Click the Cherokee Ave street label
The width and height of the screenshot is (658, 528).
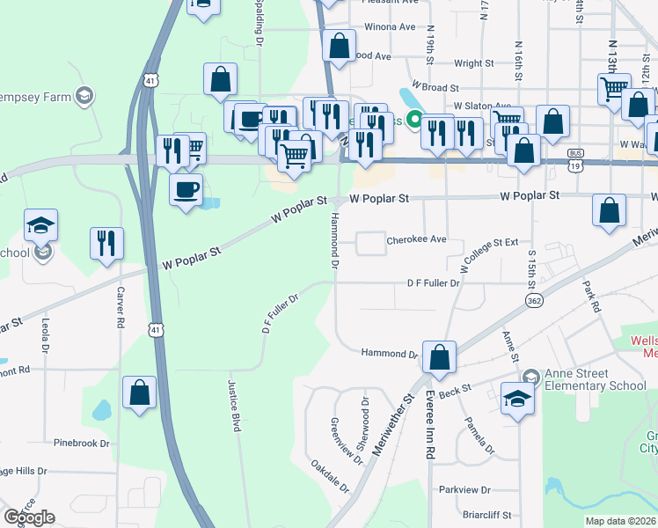[417, 239]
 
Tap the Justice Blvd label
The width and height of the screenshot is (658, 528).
[235, 417]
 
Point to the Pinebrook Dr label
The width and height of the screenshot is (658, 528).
[80, 444]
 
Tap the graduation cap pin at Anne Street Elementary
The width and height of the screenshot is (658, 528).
[518, 398]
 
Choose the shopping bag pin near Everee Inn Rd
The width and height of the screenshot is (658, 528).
[439, 357]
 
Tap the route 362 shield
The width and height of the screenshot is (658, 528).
[534, 300]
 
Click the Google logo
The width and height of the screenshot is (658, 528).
[29, 517]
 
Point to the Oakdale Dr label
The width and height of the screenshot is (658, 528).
[330, 475]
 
